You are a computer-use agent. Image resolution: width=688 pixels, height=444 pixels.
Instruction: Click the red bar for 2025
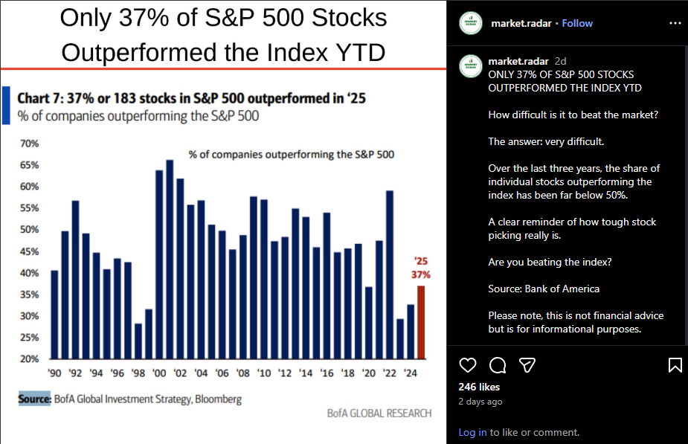421,322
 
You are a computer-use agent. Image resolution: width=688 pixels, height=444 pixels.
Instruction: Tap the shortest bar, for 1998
138,341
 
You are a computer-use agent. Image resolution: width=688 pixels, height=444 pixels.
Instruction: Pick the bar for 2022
390,274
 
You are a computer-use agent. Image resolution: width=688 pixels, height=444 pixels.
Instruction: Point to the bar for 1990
54,314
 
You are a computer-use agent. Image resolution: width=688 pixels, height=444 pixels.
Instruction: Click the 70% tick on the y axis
29,143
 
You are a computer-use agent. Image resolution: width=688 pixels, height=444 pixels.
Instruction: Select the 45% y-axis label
29,251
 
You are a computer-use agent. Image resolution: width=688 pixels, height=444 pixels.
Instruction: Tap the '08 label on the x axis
242,373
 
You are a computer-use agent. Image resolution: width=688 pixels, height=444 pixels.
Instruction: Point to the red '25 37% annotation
421,268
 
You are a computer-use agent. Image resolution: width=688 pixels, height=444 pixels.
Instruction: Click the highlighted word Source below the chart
34,399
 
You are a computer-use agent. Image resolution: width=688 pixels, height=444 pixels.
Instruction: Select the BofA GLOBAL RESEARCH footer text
379,414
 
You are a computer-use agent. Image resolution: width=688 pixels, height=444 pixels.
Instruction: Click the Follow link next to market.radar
577,23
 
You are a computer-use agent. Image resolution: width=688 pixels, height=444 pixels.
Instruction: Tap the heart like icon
468,365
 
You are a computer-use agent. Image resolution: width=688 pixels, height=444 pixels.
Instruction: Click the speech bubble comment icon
498,365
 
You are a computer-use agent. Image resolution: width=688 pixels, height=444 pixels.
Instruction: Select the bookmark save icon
675,365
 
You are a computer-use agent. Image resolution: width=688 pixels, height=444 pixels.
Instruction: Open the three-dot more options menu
675,23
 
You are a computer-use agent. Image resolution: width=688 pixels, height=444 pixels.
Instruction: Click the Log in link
472,432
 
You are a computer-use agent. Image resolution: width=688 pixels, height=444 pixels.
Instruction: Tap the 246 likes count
479,387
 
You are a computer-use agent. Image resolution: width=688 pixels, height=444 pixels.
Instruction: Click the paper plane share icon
527,365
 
